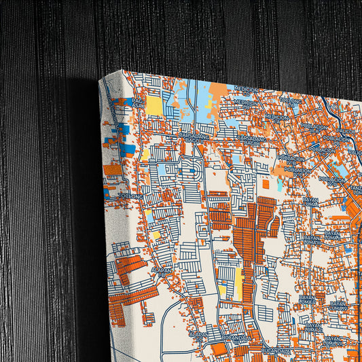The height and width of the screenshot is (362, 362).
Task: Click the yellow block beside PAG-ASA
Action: tap(154, 107)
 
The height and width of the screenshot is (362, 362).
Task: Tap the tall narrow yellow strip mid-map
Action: tap(238, 283)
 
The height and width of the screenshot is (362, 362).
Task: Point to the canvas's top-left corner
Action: tap(100, 79)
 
